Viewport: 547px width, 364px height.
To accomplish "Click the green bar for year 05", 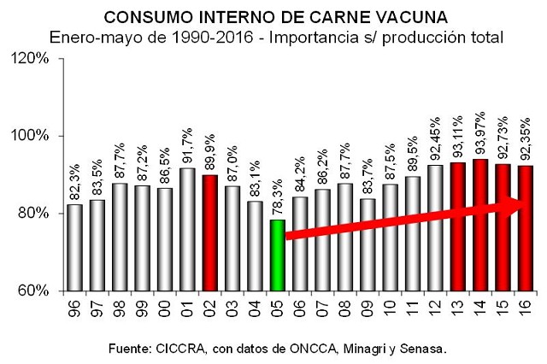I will pyautogui.click(x=277, y=255).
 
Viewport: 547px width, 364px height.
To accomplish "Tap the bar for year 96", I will pyautogui.click(x=75, y=247).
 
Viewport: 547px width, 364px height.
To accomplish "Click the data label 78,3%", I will pyautogui.click(x=277, y=199).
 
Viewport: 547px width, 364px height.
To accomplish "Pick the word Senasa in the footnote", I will pyautogui.click(x=424, y=349).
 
